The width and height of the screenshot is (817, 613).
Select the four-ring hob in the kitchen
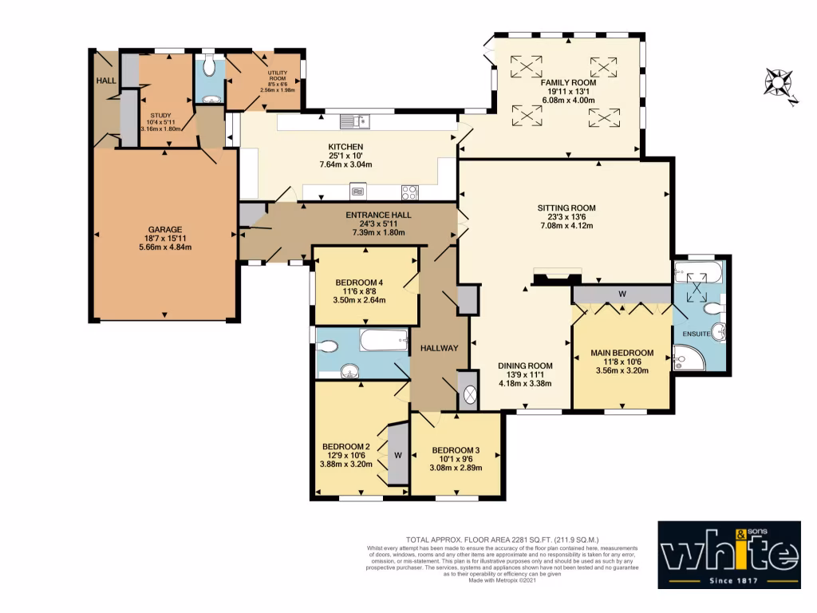tap(409, 192)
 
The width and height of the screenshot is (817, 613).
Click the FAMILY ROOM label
tap(568, 82)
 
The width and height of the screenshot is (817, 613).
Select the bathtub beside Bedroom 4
tap(385, 342)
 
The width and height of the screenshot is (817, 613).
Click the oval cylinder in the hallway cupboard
tap(468, 394)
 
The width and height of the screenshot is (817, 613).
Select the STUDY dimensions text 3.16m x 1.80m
tap(162, 129)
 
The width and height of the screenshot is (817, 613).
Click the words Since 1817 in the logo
tap(729, 577)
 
